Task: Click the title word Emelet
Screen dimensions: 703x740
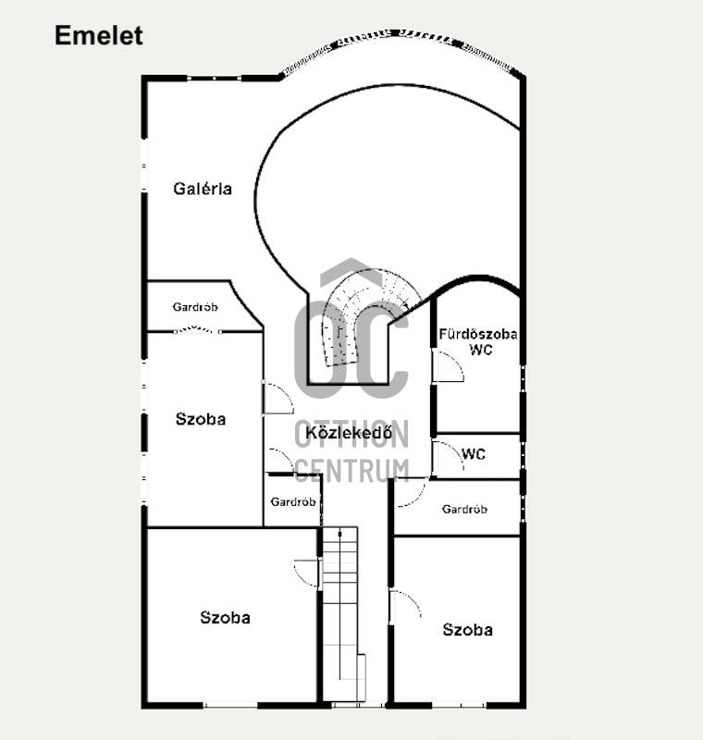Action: pos(99,35)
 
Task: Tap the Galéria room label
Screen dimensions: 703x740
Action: pos(203,189)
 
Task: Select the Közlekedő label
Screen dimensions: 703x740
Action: pos(349,432)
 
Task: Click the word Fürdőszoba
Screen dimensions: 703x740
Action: pos(478,334)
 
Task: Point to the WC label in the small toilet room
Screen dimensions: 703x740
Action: pos(474,454)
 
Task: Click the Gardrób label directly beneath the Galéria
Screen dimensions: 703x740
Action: pos(195,307)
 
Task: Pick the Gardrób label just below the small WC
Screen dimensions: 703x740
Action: pos(464,510)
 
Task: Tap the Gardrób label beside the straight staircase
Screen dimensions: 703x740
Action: pos(293,501)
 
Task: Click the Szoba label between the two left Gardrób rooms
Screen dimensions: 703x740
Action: pos(201,419)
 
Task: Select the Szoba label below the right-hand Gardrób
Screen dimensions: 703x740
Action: pos(467,630)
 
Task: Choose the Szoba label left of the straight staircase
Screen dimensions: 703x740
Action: pos(225,618)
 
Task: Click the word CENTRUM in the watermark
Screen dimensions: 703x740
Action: pos(352,471)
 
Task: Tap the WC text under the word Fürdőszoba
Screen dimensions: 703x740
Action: pos(481,350)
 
